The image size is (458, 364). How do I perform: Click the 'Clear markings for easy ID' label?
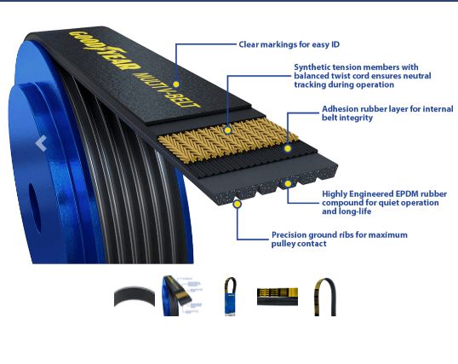(x=289, y=44)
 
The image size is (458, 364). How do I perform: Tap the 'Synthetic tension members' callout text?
(x=362, y=76)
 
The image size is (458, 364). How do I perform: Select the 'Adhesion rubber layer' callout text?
(x=387, y=113)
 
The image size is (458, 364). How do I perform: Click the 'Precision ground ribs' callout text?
(x=339, y=239)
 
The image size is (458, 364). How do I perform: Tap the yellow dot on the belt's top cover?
(x=176, y=84)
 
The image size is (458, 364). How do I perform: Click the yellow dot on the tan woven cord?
(x=227, y=130)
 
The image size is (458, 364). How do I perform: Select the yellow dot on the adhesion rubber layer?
(x=288, y=148)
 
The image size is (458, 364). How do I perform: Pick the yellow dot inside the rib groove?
(x=288, y=184)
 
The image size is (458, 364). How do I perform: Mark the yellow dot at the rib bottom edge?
(x=238, y=204)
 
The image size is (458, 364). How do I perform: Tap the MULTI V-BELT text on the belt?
(x=167, y=90)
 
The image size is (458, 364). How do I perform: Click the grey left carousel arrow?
(x=41, y=143)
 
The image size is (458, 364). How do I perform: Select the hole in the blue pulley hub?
(x=34, y=207)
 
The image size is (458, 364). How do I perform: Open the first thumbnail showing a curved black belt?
(x=135, y=297)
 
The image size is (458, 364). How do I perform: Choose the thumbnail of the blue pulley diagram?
(x=182, y=296)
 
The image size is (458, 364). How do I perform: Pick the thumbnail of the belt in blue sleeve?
(x=230, y=296)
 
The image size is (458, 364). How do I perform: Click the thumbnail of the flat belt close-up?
(x=278, y=297)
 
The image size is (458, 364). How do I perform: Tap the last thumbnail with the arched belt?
(x=325, y=297)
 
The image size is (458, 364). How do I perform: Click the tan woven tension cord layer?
(x=228, y=141)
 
